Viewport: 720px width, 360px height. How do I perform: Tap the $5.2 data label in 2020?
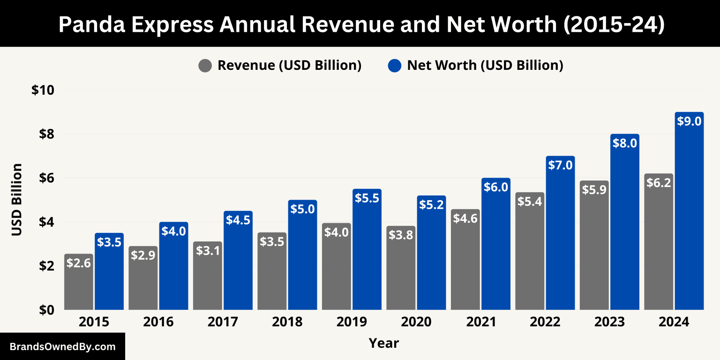pyautogui.click(x=431, y=205)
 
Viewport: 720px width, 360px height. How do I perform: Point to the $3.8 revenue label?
pyautogui.click(x=401, y=235)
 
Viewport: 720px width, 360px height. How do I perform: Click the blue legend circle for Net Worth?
pyautogui.click(x=395, y=66)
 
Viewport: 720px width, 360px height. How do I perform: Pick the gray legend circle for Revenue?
pyautogui.click(x=205, y=66)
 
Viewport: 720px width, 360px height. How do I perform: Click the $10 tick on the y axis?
pyautogui.click(x=43, y=90)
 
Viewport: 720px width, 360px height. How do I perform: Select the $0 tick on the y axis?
pyautogui.click(x=46, y=310)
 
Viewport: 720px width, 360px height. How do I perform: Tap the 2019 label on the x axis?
pyautogui.click(x=352, y=322)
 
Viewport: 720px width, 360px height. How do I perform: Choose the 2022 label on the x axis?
pyautogui.click(x=545, y=322)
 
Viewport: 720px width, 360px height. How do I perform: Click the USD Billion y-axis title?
pyautogui.click(x=17, y=200)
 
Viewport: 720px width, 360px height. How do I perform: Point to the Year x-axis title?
pyautogui.click(x=383, y=343)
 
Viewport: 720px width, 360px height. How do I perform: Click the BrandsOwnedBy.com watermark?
pyautogui.click(x=62, y=347)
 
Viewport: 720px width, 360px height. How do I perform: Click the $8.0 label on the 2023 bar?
pyautogui.click(x=625, y=143)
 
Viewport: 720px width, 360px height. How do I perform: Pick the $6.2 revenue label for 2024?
pyautogui.click(x=659, y=183)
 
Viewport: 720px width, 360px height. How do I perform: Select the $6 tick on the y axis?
pyautogui.click(x=46, y=178)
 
